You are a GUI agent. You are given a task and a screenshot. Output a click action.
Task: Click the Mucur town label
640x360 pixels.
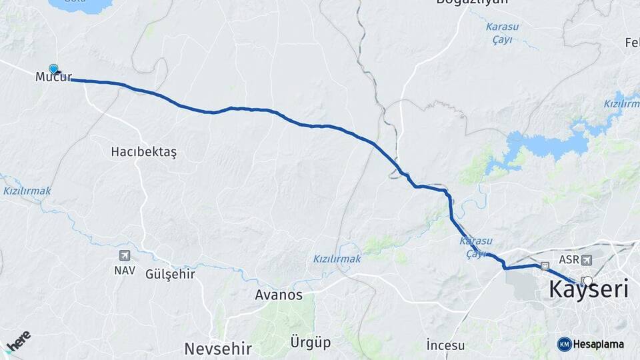(x=53, y=78)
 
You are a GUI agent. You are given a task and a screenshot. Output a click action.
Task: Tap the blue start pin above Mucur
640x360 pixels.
(x=53, y=68)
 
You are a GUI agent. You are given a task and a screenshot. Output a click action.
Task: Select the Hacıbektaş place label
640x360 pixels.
(x=143, y=152)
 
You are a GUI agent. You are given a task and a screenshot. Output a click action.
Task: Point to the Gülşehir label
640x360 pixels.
(x=170, y=274)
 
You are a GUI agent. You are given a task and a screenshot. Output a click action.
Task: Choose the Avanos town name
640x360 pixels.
(x=279, y=295)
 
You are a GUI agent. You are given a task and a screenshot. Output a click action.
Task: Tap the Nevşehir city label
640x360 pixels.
(x=218, y=348)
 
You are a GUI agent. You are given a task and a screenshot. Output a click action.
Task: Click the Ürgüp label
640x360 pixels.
(x=311, y=343)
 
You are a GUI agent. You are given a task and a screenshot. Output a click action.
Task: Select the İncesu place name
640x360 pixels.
(x=446, y=345)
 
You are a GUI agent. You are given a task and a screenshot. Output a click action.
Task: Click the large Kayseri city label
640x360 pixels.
(x=589, y=290)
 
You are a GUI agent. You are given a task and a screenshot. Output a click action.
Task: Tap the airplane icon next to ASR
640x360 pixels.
(x=586, y=259)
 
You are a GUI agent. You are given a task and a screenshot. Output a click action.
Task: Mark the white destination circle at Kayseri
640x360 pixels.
(x=587, y=281)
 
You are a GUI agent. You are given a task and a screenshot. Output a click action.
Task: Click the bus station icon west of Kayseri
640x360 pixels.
(x=545, y=265)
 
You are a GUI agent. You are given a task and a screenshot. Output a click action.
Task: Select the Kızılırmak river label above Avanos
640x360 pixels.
(x=337, y=259)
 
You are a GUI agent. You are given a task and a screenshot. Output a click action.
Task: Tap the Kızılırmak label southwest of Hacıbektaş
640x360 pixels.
(x=27, y=191)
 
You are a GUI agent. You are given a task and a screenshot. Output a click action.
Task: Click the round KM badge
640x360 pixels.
(x=565, y=344)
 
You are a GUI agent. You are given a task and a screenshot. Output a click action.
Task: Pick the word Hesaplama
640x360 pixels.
(x=598, y=345)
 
